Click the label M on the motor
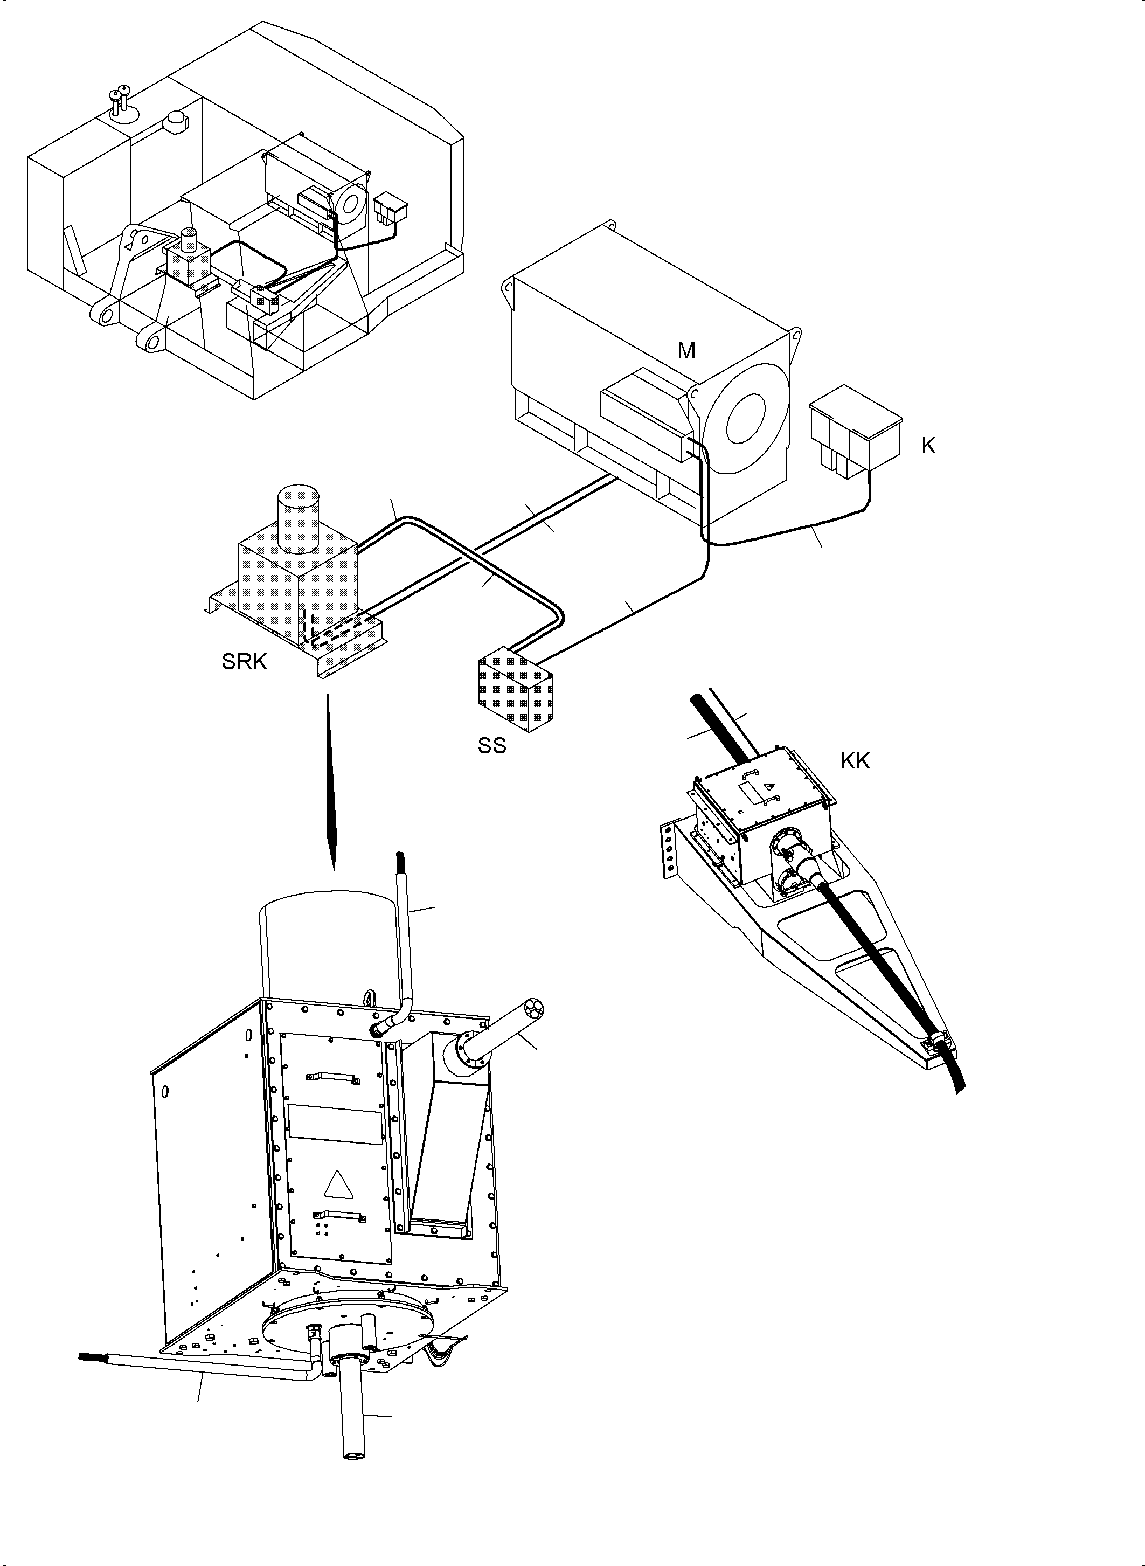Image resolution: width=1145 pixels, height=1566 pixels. click(x=686, y=351)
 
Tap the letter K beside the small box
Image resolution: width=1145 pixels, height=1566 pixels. click(x=928, y=446)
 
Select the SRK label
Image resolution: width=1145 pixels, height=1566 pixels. click(x=244, y=662)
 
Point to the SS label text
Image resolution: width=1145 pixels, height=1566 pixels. click(x=491, y=746)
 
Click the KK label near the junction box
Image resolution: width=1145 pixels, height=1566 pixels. click(x=855, y=761)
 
